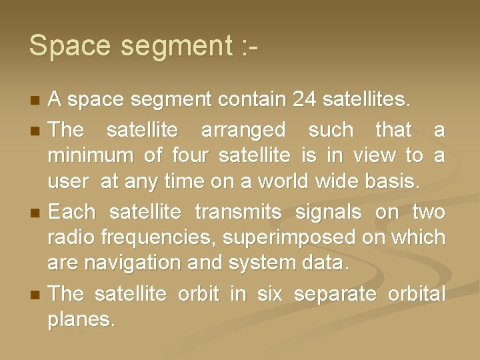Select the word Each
pos(73,213)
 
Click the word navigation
pos(127,263)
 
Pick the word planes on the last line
pos(81,319)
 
